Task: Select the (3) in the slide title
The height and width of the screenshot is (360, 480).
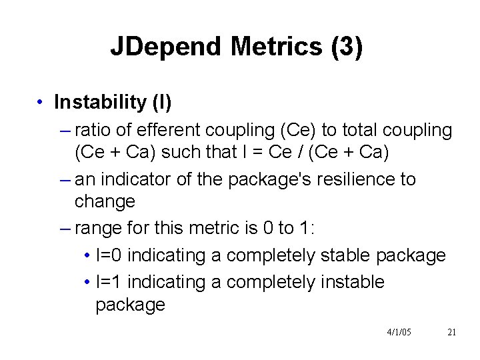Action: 347,47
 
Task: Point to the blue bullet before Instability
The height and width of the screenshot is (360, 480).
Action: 41,103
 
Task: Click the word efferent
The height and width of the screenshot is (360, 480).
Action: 172,130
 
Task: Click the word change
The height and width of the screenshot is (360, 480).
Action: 105,201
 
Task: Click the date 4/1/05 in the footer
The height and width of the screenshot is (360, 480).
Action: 399,332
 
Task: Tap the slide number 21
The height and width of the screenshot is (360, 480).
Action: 451,332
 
